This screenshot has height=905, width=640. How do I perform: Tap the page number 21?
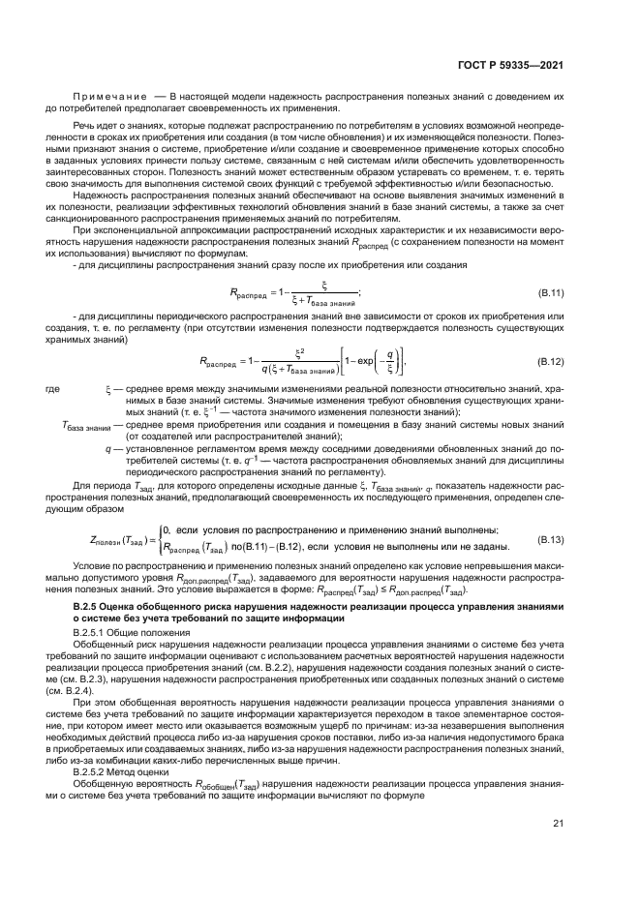coord(559,825)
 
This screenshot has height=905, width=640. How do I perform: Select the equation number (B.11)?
coord(550,291)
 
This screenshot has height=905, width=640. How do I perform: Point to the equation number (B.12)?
coord(550,361)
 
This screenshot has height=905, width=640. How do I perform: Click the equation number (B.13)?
coord(550,538)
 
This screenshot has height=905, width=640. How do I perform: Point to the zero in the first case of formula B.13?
coord(166,530)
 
